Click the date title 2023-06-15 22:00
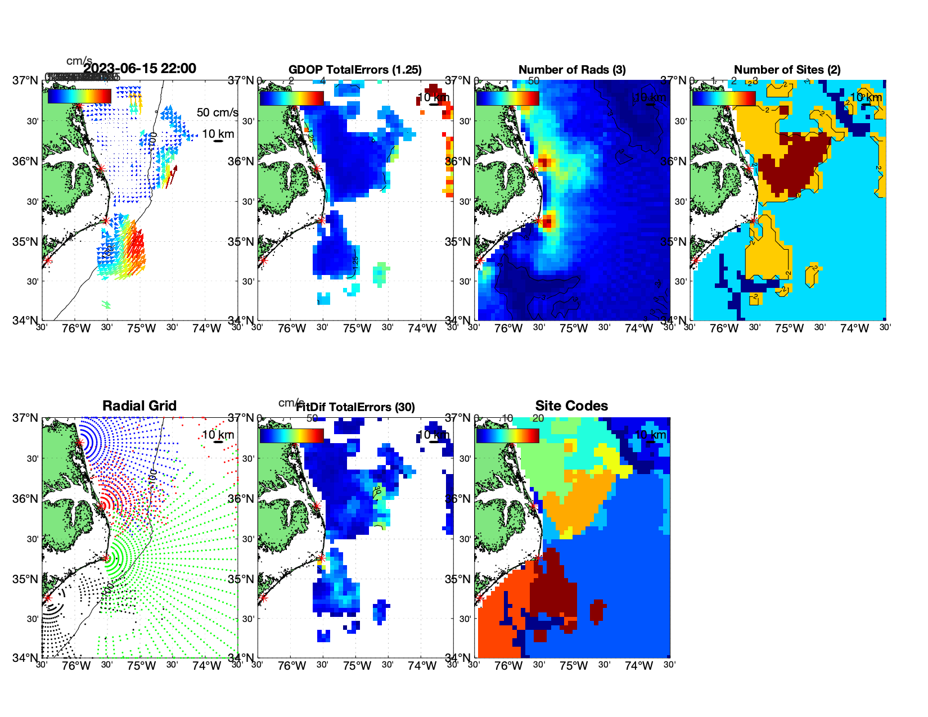(140, 69)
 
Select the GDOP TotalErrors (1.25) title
(355, 70)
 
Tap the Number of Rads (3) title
(572, 70)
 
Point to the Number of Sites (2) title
(787, 70)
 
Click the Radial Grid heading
(139, 406)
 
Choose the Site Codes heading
(571, 406)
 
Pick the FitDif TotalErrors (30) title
(355, 407)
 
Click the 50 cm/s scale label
(217, 112)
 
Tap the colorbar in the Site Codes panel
(507, 436)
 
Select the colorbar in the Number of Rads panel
(507, 98)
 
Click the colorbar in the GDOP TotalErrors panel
(291, 98)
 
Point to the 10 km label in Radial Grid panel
(218, 435)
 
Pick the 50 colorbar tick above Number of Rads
(534, 81)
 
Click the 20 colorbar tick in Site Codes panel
(538, 418)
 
